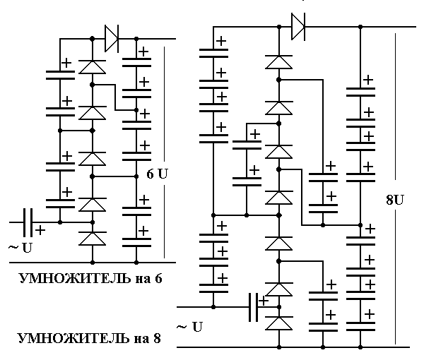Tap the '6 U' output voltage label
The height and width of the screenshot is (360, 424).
(x=157, y=173)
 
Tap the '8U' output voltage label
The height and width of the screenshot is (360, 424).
(x=395, y=199)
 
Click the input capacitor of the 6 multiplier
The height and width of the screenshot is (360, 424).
(x=28, y=222)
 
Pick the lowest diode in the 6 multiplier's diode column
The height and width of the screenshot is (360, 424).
(x=93, y=238)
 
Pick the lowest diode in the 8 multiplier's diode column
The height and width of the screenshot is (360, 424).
(x=279, y=324)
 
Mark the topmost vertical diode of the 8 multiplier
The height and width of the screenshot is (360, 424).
(x=279, y=61)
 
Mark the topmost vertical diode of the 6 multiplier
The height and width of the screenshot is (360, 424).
(x=93, y=66)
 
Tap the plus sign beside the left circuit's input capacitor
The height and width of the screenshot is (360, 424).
(x=40, y=230)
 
